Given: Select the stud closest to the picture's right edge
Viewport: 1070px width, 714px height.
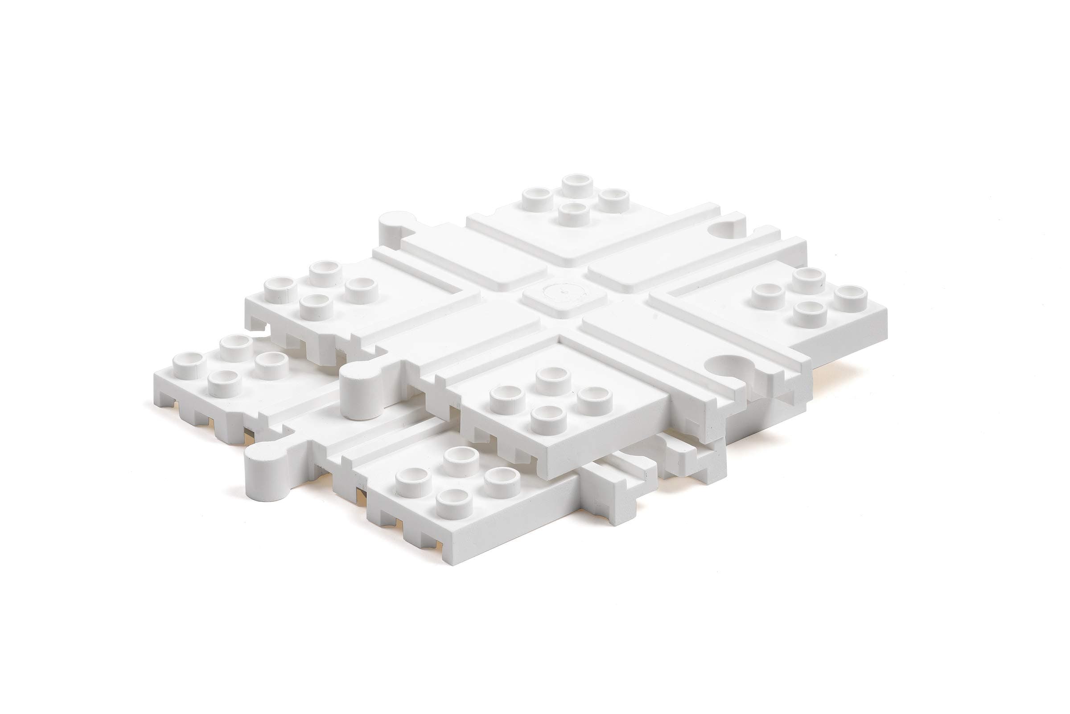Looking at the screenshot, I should tap(851, 298).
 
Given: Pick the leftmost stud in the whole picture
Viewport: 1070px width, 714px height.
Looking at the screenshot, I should tap(189, 365).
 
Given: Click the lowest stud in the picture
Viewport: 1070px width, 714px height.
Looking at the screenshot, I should tap(454, 503).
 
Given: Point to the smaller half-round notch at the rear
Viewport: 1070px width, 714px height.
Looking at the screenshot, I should tap(728, 227).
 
